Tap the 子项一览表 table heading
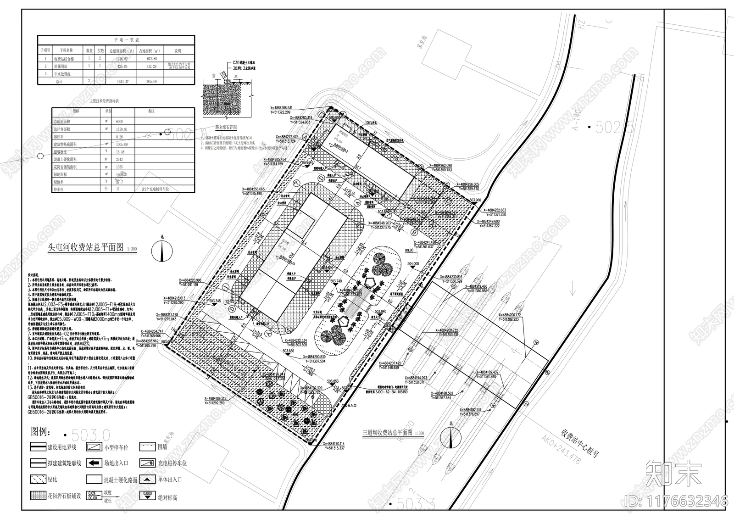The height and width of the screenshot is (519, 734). pos(116,41)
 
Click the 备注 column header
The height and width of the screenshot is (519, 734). pos(151,112)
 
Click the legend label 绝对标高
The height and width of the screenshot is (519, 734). pos(167,497)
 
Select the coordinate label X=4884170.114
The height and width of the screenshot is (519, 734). pos(340,444)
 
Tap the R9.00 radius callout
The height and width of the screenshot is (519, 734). pos(408,251)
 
